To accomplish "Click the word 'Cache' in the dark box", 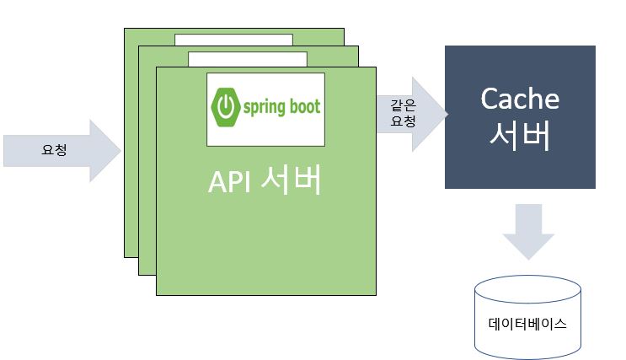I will pos(520,99).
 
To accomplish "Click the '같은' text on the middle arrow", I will pos(402,105).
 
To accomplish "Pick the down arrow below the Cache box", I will pos(527,230).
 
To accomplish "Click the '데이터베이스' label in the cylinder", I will pos(527,323).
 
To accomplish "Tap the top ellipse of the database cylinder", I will pos(527,287).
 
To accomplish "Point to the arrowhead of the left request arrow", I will pos(105,150).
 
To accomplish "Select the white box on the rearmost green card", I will pos(234,40).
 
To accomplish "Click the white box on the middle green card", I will pos(247,59).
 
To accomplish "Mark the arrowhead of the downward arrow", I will pos(527,245).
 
